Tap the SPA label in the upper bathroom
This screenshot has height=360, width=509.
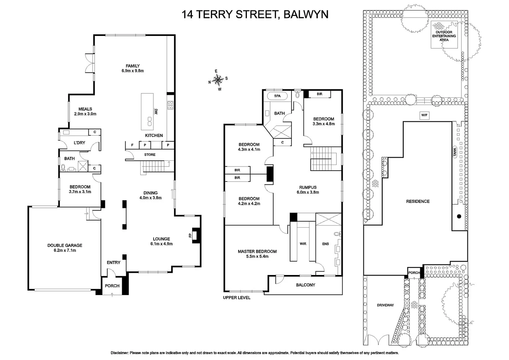(x=277, y=96)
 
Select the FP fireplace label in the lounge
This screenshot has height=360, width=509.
(x=190, y=235)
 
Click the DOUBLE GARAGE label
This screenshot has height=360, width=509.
(x=65, y=245)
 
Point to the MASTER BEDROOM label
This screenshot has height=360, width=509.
(x=257, y=251)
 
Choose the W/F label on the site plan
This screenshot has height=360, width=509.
(x=424, y=115)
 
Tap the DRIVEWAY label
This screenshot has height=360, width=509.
(x=385, y=305)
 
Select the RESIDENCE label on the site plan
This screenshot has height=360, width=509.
(x=418, y=201)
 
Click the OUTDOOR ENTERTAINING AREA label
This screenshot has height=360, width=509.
(x=444, y=36)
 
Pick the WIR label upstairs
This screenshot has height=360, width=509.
(x=303, y=244)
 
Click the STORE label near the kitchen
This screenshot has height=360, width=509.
(x=150, y=155)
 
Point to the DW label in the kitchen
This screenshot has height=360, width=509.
(x=156, y=111)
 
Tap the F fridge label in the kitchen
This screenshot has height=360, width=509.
(x=132, y=145)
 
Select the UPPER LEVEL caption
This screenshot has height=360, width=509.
(x=237, y=297)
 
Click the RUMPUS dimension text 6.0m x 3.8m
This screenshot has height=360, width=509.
(x=307, y=192)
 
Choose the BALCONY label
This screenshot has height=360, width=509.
(x=305, y=285)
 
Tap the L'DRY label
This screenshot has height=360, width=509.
(x=79, y=143)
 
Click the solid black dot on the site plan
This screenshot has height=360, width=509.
(x=459, y=216)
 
